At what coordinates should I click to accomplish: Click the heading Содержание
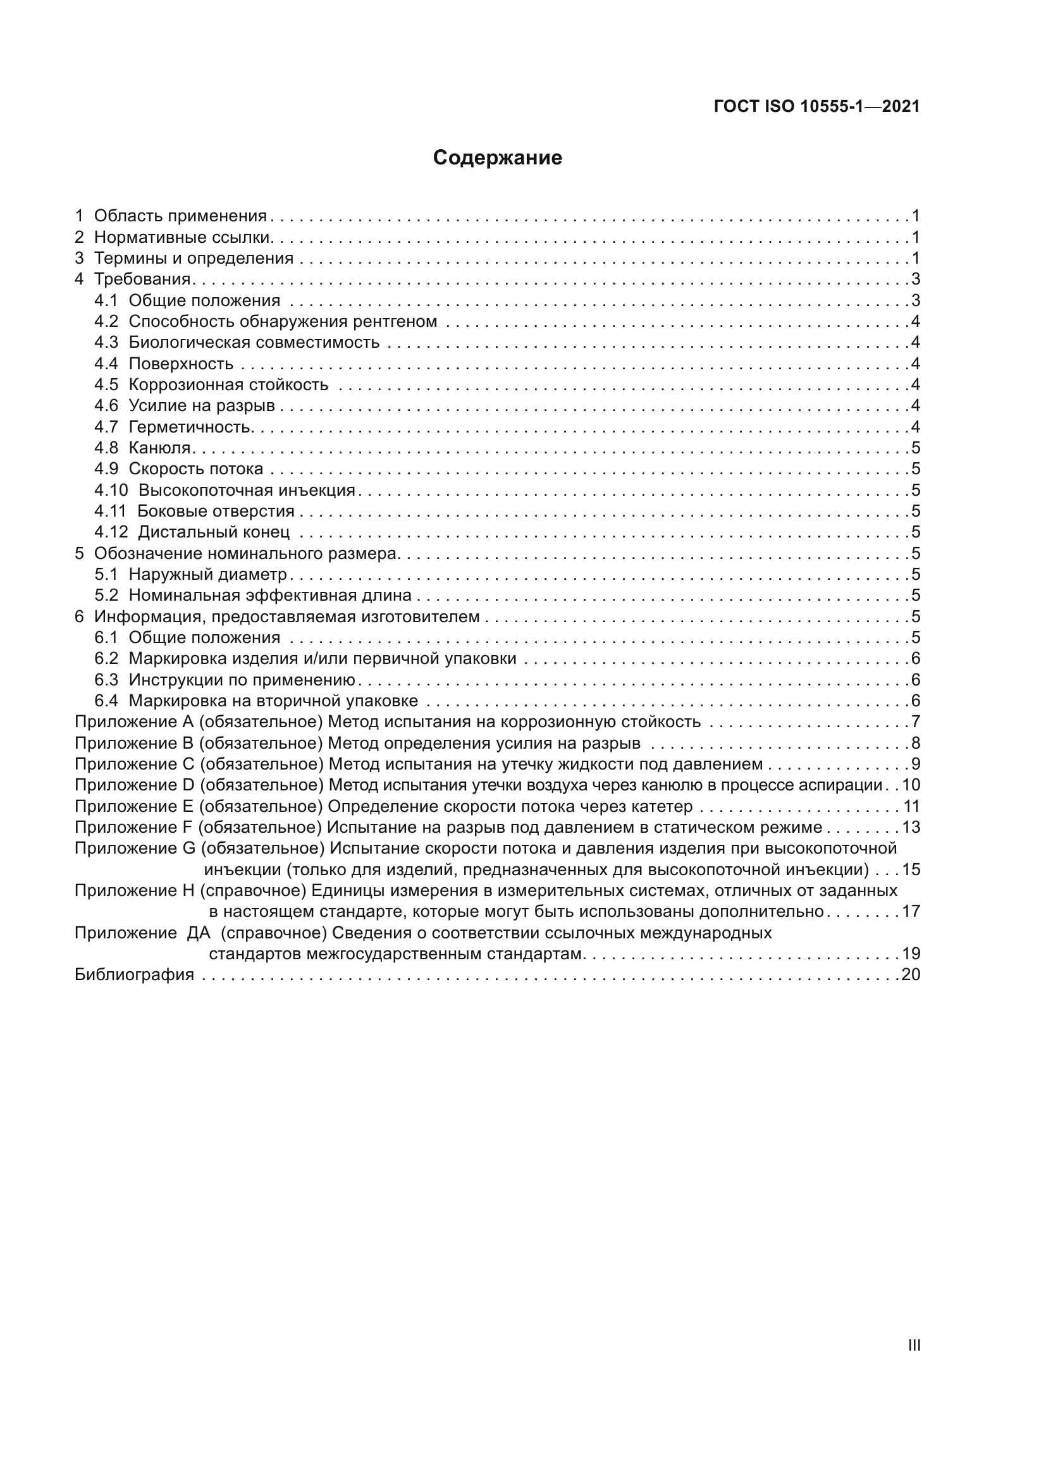(497, 158)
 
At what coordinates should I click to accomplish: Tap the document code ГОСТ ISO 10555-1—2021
(816, 107)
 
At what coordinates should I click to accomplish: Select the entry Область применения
(180, 216)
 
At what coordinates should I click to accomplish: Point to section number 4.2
(106, 321)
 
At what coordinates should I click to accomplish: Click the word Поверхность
(181, 364)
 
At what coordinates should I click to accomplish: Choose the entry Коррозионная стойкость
(229, 385)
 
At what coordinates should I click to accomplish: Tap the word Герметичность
(190, 427)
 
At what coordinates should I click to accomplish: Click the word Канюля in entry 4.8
(161, 448)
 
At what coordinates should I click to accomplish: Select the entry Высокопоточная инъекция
(247, 490)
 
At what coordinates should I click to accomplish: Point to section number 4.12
(111, 532)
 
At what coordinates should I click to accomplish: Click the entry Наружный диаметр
(207, 574)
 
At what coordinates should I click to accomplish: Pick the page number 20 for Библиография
(911, 974)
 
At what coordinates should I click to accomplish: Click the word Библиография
(135, 974)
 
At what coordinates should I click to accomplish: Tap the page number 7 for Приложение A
(915, 722)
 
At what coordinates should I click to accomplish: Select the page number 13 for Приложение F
(911, 827)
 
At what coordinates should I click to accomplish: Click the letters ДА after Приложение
(199, 933)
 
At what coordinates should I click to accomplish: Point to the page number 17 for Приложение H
(911, 912)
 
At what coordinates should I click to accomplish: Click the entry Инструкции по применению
(242, 680)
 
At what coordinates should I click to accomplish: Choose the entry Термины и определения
(194, 259)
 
